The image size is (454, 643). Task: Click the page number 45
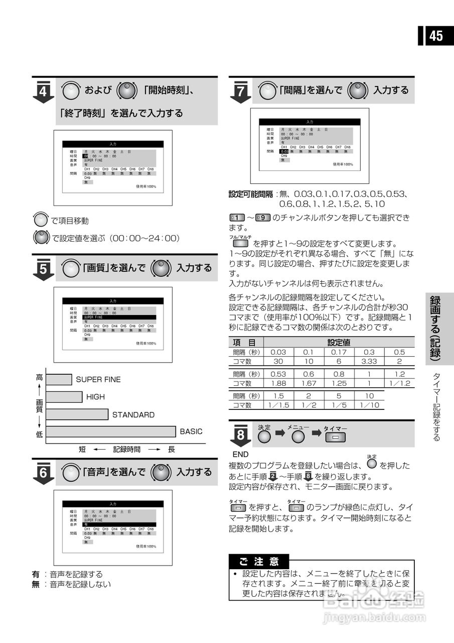pos(435,36)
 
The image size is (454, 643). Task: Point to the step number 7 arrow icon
pos(240,92)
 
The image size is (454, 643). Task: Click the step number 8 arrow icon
pos(240,435)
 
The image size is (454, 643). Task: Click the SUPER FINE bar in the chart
pos(59,379)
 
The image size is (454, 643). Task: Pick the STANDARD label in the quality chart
pos(133,415)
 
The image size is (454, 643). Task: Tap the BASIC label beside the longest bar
pos(191,432)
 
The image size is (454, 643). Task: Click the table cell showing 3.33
pos(369,361)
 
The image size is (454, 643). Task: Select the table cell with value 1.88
pos(278,383)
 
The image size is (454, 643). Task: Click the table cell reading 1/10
pos(369,405)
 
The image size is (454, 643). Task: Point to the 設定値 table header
pos(339,342)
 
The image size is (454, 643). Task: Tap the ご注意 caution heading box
pos(259,561)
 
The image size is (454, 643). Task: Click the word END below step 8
pos(241,454)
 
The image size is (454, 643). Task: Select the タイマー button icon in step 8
pos(335,438)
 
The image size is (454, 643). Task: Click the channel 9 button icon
pos(263,218)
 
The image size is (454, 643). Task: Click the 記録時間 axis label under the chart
pos(126,449)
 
